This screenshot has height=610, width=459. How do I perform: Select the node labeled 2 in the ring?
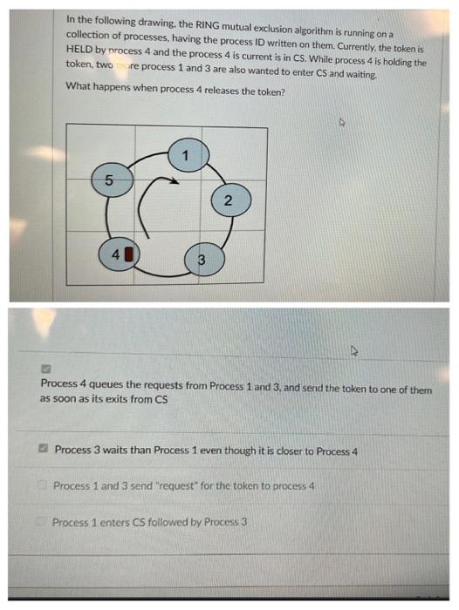[227, 201]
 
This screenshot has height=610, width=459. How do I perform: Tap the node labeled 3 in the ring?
[201, 259]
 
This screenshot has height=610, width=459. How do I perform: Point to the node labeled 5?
[108, 181]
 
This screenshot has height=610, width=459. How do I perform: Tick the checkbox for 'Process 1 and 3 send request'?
[44, 485]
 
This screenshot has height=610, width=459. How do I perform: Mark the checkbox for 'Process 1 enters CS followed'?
[43, 522]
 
